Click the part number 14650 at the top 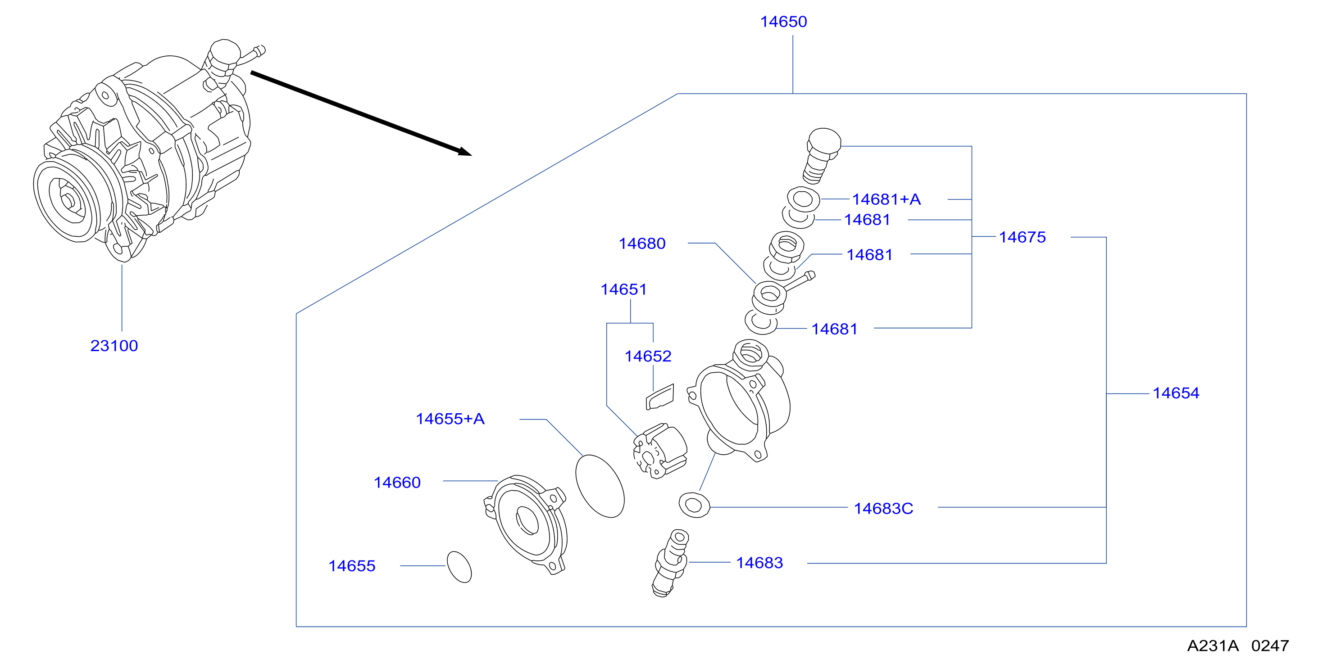(x=783, y=22)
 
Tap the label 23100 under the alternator (x=114, y=346)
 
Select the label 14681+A (x=886, y=199)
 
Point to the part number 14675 (x=1023, y=237)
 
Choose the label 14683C (x=883, y=509)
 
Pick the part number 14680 (x=642, y=244)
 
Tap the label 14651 (x=623, y=289)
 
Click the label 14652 (x=648, y=357)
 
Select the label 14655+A (x=450, y=419)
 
